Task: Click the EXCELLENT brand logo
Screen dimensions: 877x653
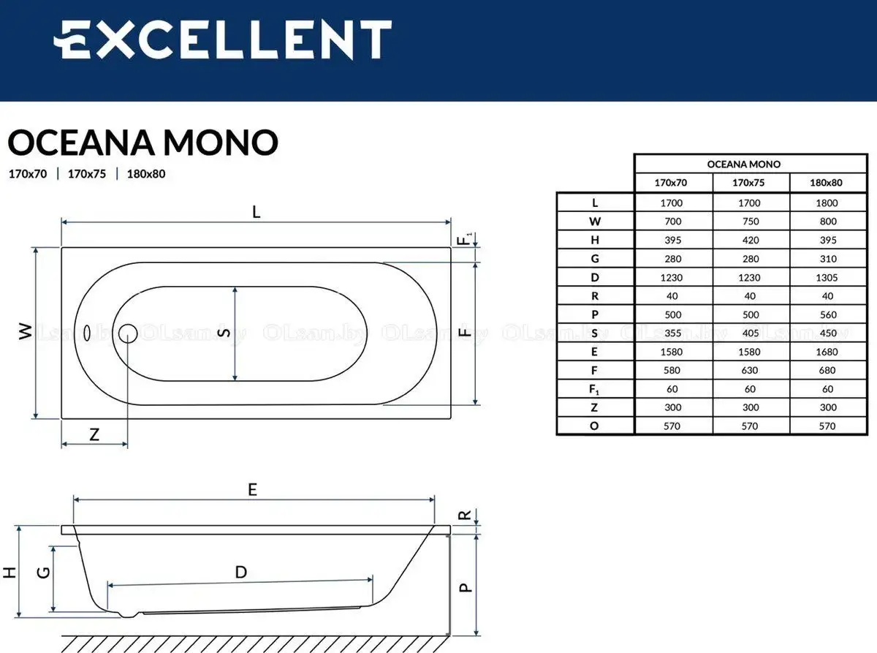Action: [223, 39]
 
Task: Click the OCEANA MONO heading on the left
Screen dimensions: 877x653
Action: [143, 143]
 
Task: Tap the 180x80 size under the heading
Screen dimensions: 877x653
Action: [146, 174]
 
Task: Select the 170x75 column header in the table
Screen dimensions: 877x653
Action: [748, 183]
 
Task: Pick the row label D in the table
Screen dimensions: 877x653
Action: [595, 277]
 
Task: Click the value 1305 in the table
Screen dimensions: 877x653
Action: [827, 278]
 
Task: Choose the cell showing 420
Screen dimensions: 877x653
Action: [751, 241]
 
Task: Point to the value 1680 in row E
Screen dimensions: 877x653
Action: [827, 352]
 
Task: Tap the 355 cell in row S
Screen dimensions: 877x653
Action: [672, 333]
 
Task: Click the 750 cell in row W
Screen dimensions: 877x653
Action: [751, 222]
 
